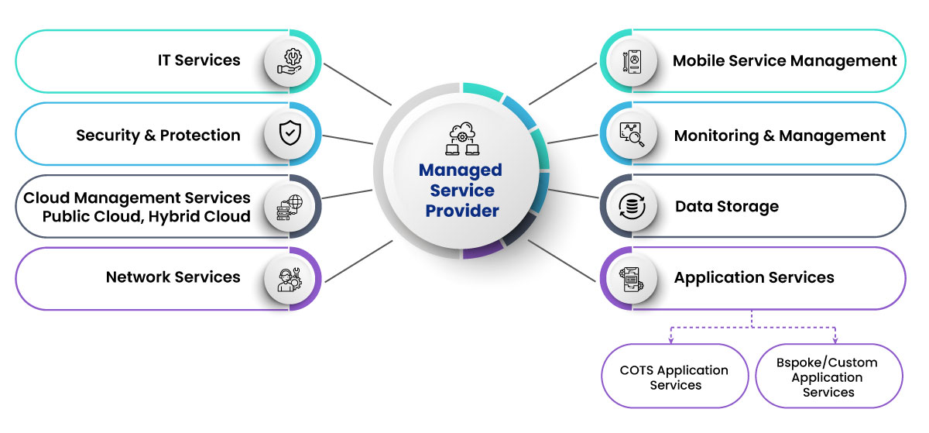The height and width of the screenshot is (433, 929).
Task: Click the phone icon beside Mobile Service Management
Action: (634, 61)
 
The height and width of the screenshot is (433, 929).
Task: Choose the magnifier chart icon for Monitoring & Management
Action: (634, 134)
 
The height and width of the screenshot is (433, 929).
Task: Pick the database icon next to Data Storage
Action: (634, 206)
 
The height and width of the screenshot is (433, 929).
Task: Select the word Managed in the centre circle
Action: (461, 170)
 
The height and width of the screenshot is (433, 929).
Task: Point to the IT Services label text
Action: (199, 60)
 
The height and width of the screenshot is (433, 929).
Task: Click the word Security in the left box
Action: (107, 136)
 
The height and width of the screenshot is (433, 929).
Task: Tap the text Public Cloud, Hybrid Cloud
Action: (146, 216)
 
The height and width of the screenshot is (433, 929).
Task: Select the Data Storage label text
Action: (726, 206)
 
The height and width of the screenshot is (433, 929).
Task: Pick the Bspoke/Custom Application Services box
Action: (828, 377)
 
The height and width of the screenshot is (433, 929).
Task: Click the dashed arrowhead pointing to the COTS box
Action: (670, 340)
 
